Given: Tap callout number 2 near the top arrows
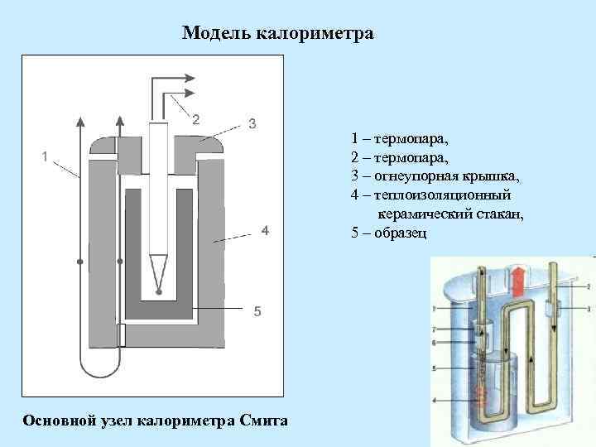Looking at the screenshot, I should point(195,118).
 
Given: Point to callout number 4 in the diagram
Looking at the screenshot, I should point(264,231).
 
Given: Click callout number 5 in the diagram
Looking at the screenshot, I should point(257,311).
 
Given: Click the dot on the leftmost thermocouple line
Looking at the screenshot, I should point(79,262).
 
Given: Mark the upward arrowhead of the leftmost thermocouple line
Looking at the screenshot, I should point(79,123).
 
